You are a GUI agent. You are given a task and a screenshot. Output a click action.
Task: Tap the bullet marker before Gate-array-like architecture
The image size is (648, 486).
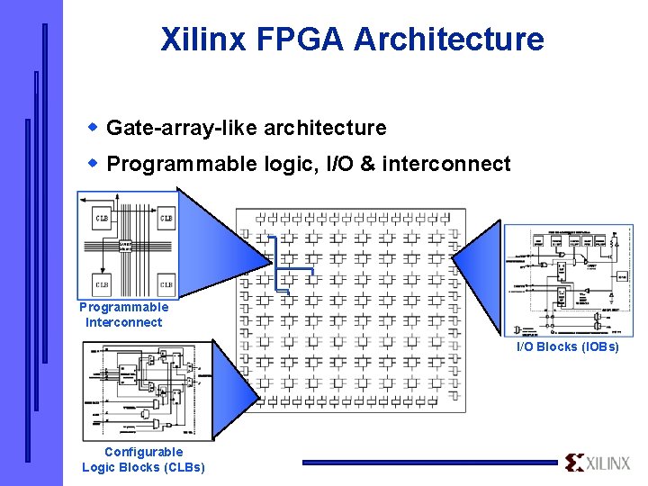tap(93, 127)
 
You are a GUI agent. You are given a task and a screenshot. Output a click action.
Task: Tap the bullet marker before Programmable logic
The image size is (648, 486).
tap(93, 163)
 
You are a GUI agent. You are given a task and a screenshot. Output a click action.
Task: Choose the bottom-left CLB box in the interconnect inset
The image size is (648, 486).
tap(101, 284)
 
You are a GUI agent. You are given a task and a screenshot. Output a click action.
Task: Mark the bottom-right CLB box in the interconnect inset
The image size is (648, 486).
tap(166, 284)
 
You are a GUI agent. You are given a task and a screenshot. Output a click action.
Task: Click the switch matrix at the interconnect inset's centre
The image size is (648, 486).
tap(127, 246)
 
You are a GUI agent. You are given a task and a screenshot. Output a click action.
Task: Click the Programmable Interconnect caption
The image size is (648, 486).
tap(124, 315)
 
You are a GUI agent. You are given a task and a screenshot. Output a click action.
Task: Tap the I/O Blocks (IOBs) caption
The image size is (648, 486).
tap(567, 346)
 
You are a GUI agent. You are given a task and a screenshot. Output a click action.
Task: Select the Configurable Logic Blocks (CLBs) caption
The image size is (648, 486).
tap(143, 459)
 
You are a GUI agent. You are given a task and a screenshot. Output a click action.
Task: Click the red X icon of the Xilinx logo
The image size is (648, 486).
tap(574, 463)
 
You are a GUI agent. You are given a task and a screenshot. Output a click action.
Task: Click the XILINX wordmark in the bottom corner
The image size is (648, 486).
tap(608, 463)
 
